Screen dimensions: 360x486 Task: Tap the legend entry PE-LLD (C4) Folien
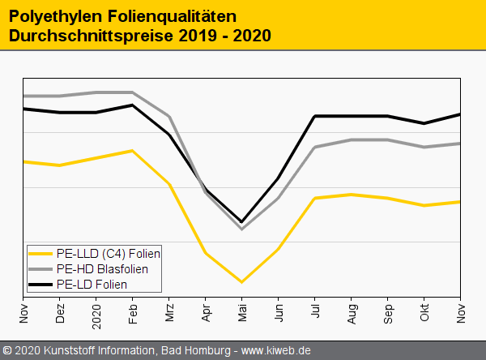[109, 253]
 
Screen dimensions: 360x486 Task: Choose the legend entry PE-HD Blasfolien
[102, 268]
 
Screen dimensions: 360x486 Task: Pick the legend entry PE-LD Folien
[92, 284]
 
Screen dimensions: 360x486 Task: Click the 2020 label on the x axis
[97, 312]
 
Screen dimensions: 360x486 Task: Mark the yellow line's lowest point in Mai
[241, 281]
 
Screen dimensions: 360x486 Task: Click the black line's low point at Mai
[241, 221]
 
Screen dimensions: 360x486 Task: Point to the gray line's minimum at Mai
[241, 229]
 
